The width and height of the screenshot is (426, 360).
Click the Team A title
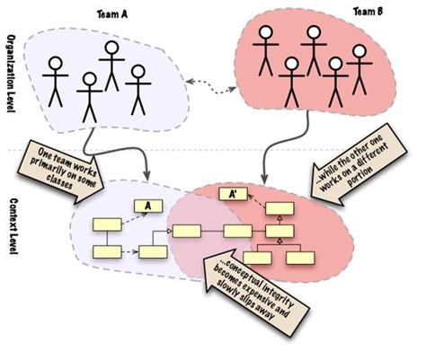(x=112, y=15)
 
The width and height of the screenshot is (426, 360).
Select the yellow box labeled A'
(x=230, y=194)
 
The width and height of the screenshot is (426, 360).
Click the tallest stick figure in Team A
(x=111, y=63)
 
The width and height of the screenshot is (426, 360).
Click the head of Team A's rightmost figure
(x=138, y=70)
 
